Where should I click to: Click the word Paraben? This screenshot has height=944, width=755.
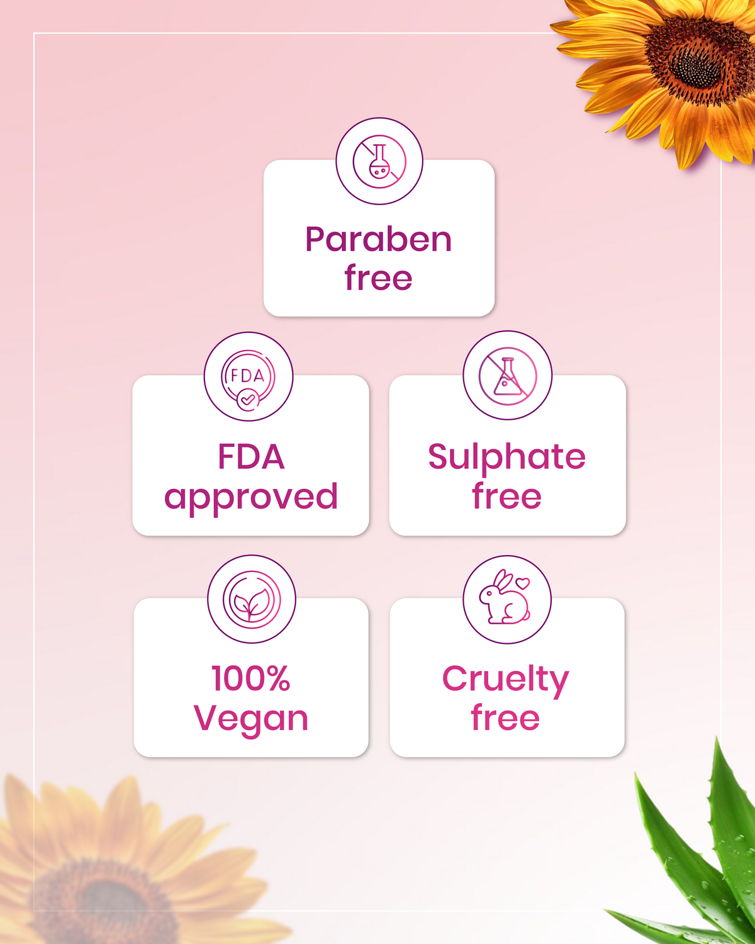[378, 240]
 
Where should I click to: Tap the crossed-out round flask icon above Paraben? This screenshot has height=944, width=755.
[379, 161]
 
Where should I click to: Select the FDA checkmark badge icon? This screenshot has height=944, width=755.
[249, 377]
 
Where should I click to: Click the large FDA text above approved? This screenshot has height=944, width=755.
[251, 457]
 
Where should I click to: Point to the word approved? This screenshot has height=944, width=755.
[251, 497]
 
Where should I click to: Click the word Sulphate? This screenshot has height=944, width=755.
[506, 457]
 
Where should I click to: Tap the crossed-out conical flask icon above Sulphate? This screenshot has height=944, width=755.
[507, 376]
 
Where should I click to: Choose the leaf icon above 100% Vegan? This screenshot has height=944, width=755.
[252, 600]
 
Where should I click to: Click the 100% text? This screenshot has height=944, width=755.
[251, 678]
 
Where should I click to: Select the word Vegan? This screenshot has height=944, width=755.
[251, 718]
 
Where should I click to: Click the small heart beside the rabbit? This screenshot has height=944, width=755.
[523, 583]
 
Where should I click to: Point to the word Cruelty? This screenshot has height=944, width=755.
[505, 680]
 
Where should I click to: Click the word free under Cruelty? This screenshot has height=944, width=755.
[505, 718]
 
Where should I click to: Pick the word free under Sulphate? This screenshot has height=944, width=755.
[506, 497]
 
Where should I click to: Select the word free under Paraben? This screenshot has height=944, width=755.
[378, 278]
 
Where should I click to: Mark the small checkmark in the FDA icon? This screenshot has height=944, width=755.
[247, 399]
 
